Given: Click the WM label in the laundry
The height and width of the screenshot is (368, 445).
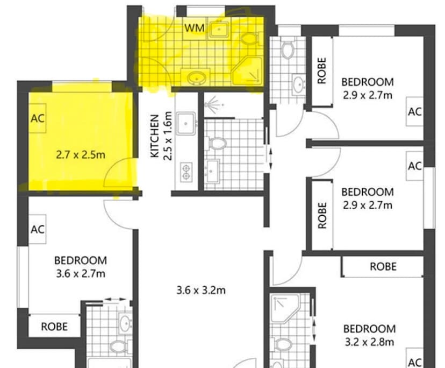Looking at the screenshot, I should [x=194, y=28].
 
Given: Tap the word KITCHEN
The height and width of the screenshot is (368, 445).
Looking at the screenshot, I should [x=155, y=136].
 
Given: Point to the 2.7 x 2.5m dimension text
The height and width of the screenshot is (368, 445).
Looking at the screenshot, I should [x=81, y=155].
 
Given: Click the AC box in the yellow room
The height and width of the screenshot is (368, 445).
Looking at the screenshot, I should [x=37, y=118].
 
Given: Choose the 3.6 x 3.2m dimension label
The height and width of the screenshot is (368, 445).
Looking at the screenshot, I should [x=200, y=291].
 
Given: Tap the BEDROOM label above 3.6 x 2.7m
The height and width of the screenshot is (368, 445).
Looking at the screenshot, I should [x=81, y=260].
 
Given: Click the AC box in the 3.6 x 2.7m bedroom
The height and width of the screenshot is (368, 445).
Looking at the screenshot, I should [x=37, y=229].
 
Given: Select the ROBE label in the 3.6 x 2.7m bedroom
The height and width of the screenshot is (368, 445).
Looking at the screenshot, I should [x=55, y=326].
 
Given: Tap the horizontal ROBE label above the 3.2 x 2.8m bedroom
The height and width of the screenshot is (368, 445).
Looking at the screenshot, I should [x=383, y=266].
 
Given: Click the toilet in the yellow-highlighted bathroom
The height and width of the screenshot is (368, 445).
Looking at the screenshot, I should [x=248, y=38].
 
